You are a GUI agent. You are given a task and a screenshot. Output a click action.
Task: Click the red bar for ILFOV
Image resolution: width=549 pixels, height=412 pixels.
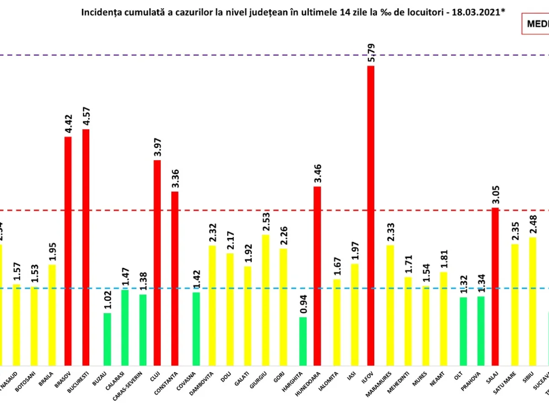[371, 215]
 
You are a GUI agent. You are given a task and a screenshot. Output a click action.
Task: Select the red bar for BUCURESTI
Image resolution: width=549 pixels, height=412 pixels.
[86, 247]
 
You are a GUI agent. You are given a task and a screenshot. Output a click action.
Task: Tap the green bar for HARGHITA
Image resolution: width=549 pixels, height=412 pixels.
[303, 341]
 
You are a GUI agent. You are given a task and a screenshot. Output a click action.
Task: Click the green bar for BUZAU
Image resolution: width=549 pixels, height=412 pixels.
[107, 339]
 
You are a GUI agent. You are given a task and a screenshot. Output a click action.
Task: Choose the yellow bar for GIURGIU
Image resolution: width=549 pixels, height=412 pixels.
[265, 300]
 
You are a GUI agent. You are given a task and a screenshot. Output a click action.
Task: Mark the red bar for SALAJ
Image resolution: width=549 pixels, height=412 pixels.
[495, 286]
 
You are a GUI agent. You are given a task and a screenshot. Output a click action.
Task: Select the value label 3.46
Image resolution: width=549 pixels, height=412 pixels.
[318, 173]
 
